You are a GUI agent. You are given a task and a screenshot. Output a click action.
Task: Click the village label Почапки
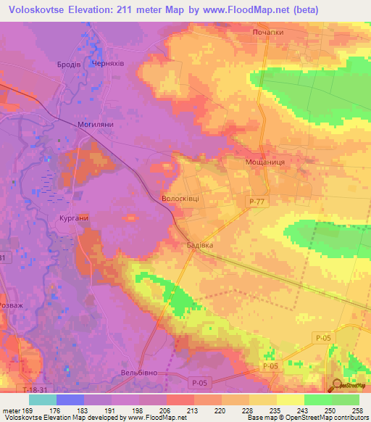click(267, 33)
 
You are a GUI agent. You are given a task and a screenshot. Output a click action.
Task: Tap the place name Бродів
click(69, 65)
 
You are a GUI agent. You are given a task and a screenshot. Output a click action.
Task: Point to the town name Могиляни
click(96, 124)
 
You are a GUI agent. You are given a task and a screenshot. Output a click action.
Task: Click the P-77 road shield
click(254, 203)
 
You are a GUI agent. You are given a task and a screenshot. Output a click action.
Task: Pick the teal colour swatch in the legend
click(42, 400)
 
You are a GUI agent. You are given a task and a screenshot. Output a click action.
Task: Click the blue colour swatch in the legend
click(70, 400)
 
